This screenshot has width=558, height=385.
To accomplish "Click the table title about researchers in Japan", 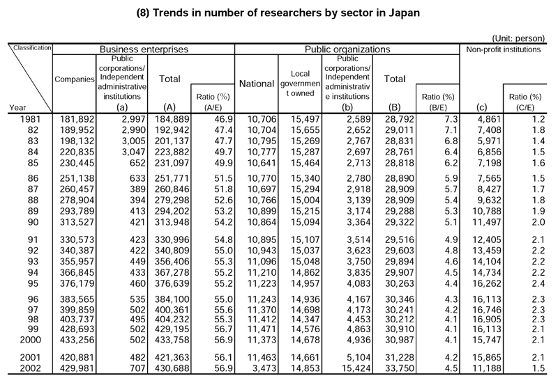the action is pyautogui.click(x=278, y=13).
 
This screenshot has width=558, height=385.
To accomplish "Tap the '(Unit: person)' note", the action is pyautogui.click(x=518, y=38).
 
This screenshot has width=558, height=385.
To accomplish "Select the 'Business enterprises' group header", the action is pyautogui.click(x=144, y=49).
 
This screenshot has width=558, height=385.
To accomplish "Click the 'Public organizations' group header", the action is pyautogui.click(x=347, y=49).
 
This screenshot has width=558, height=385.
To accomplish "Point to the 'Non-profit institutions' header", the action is pyautogui.click(x=503, y=49).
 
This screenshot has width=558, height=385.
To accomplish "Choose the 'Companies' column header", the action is pyautogui.click(x=75, y=79).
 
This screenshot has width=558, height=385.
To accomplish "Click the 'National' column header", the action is pyautogui.click(x=257, y=84).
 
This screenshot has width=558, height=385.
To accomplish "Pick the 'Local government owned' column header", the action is pyautogui.click(x=300, y=84).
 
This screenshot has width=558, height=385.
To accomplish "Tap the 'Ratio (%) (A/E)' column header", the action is pyautogui.click(x=213, y=102).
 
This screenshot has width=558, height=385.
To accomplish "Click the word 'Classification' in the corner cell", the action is pyautogui.click(x=32, y=47).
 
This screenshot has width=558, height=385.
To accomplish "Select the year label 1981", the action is pyautogui.click(x=30, y=119).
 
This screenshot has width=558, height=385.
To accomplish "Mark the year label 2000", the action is pyautogui.click(x=30, y=340).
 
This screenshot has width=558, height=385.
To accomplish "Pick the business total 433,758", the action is pyautogui.click(x=172, y=340).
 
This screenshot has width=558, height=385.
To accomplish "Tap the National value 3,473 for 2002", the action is pyautogui.click(x=264, y=368).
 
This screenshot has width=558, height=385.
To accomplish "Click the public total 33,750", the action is pyautogui.click(x=400, y=368).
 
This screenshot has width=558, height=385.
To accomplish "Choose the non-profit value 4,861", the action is pyautogui.click(x=489, y=119).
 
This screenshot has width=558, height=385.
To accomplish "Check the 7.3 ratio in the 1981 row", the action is pyautogui.click(x=451, y=119).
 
